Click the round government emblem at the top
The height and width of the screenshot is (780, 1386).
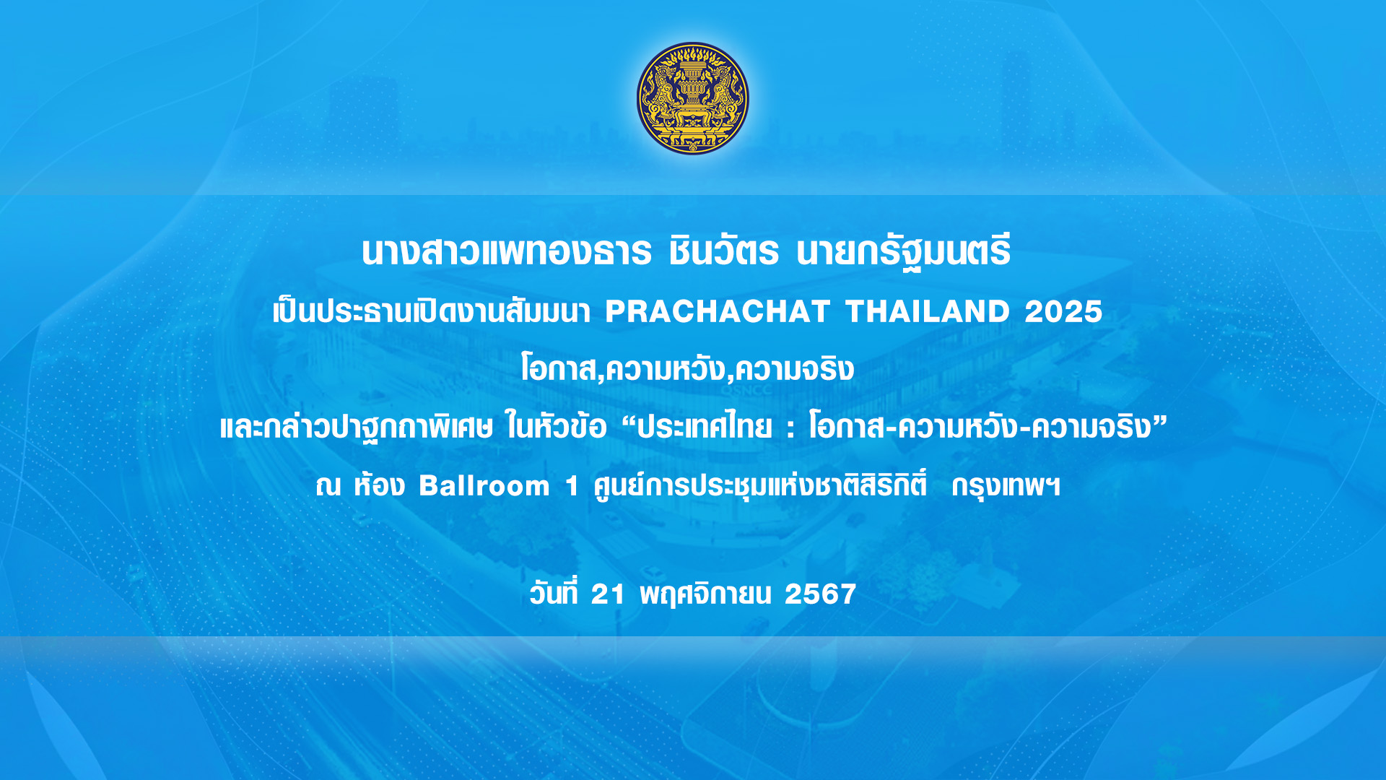[693, 98]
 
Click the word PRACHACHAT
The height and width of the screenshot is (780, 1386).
[718, 312]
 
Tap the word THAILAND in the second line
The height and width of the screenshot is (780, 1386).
[928, 312]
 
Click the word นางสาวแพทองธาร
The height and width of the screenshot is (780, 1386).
[507, 251]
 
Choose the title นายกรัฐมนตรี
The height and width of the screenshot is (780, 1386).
[904, 251]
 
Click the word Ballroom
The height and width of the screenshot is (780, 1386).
[484, 486]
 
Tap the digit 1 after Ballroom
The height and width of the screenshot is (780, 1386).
[572, 486]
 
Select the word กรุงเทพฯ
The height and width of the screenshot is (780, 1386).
[1006, 486]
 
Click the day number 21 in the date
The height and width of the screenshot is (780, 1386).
[608, 594]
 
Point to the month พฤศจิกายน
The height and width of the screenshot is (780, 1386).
[705, 594]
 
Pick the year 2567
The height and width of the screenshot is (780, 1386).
[821, 594]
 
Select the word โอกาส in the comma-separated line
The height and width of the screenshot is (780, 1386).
[559, 369]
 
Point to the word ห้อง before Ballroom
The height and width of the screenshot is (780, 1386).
[379, 484]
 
